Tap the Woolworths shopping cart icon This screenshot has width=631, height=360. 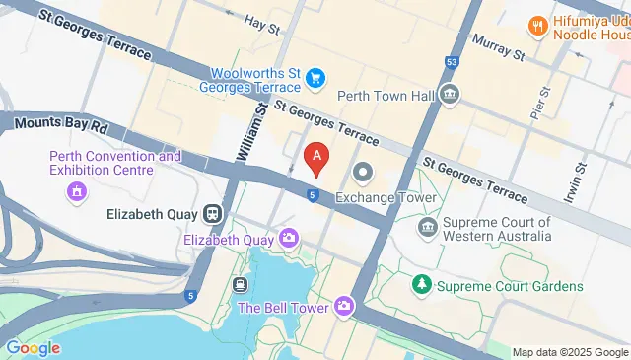click(x=315, y=76)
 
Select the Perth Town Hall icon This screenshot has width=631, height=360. click(x=450, y=96)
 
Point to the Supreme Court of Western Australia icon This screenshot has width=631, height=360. click(x=428, y=229)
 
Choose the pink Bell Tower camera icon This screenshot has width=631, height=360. click(x=344, y=307)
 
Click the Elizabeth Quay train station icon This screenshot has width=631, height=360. click(x=212, y=214)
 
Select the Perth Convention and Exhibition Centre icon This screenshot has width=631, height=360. click(x=76, y=190)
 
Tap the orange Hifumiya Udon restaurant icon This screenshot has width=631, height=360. click(x=537, y=24)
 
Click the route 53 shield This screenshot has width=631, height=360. click(x=452, y=62)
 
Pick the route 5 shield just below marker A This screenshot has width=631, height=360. click(x=312, y=195)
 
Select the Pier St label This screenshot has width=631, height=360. click(x=541, y=102)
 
